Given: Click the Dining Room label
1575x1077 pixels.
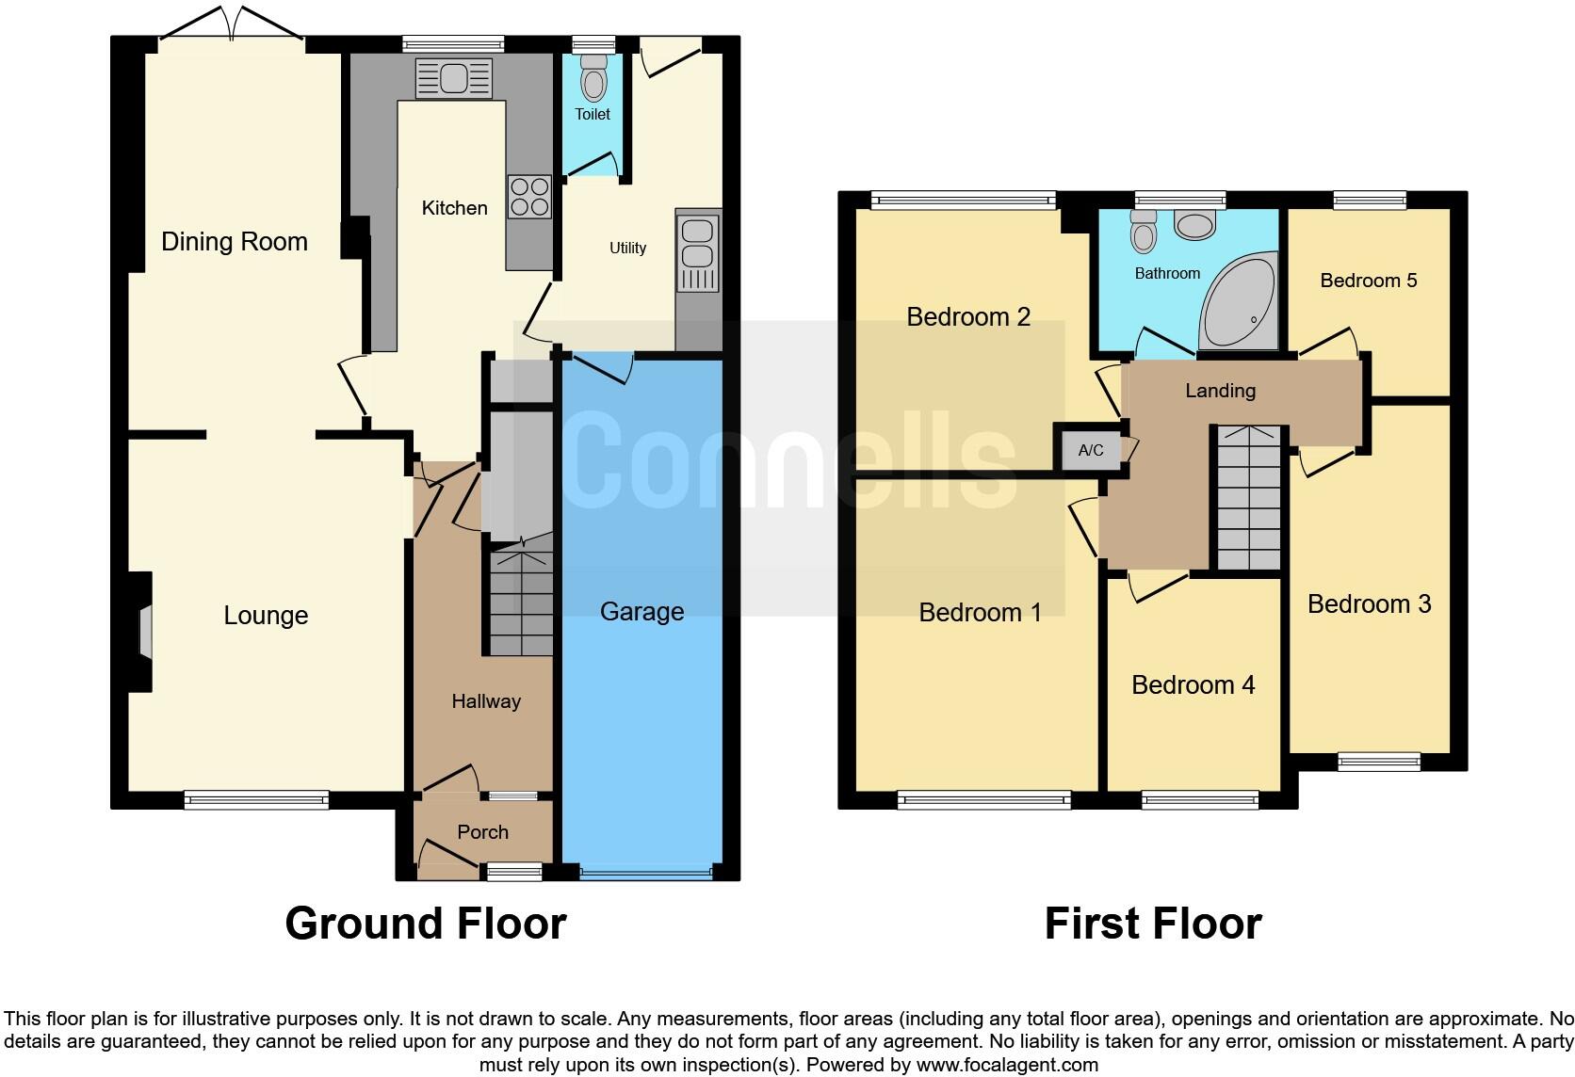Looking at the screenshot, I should pos(234,242).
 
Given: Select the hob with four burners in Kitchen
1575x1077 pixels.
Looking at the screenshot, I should pos(528,197).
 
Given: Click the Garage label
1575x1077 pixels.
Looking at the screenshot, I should pos(641,612).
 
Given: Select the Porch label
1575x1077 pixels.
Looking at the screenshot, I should pos(482,832).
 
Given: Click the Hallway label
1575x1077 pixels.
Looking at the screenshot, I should pos(485,701).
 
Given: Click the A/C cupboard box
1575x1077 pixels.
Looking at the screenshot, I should pos(1090,450).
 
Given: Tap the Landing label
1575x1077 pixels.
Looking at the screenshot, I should pos(1220,391).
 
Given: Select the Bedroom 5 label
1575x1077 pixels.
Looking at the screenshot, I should pos(1368,281).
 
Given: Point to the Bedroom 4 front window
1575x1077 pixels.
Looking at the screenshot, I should pos(1199,800).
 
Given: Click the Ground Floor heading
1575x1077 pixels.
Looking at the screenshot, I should pos(425,924).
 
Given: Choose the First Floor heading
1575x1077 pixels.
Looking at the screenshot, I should pos(1152,924).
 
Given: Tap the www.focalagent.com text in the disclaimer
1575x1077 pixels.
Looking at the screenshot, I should pos(1007,1065).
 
